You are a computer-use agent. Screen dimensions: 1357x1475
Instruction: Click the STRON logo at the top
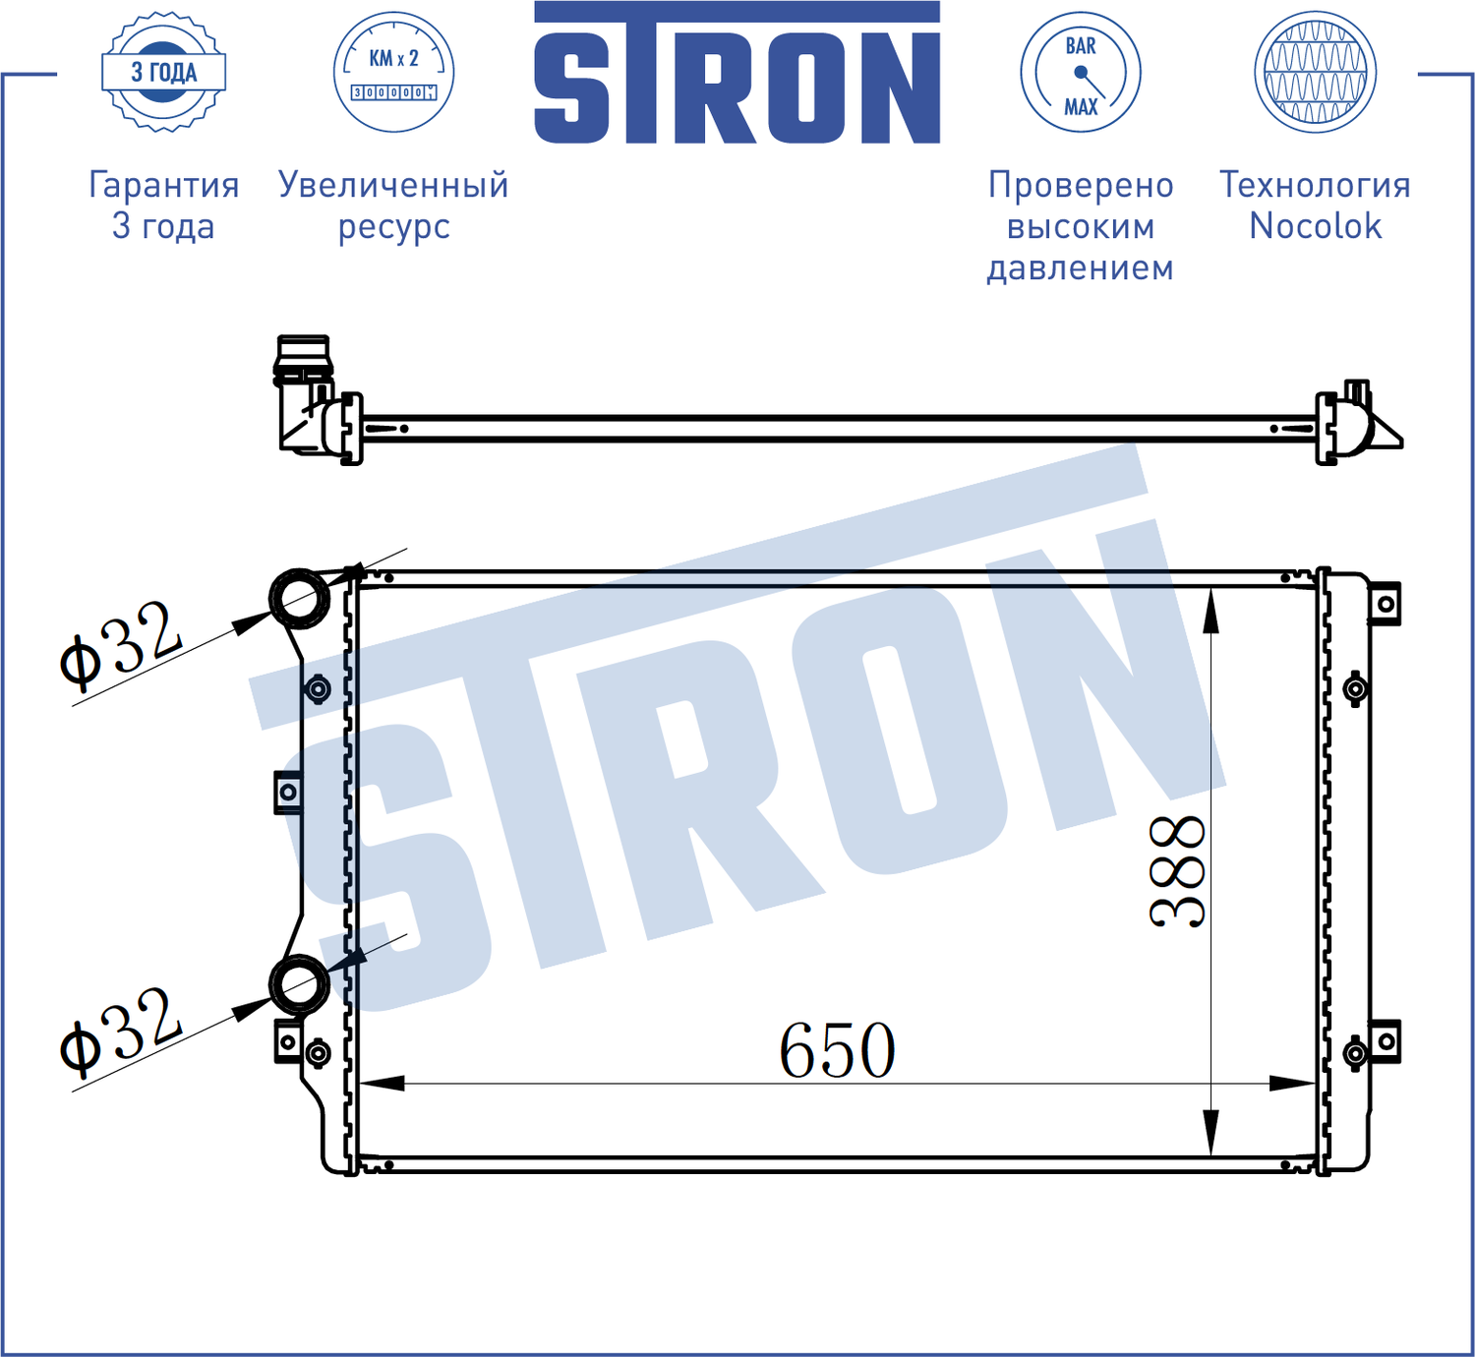(737, 74)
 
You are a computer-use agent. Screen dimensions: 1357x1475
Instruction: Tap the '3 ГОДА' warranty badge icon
(164, 72)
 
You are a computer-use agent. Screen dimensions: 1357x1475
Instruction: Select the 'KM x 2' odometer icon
(393, 72)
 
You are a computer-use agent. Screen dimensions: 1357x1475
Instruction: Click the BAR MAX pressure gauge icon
(1080, 72)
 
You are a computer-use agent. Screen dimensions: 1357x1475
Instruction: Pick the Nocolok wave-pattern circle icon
(1315, 72)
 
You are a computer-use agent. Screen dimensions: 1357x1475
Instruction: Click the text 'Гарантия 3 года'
(163, 206)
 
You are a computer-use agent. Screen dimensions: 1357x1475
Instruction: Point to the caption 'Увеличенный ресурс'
(393, 206)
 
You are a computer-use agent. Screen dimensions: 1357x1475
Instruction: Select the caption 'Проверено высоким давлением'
(1080, 226)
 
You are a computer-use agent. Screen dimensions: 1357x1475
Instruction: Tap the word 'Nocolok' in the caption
(1315, 227)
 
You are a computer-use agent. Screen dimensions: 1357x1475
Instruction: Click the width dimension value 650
(837, 1051)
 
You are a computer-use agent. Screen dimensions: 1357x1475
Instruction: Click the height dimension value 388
(1177, 871)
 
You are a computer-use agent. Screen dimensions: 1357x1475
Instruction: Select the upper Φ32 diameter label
(120, 644)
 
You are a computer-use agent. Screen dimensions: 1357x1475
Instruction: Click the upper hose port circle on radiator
(300, 598)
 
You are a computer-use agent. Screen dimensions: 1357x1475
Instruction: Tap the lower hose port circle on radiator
(299, 984)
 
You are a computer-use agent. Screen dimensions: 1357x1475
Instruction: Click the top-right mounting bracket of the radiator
(1385, 604)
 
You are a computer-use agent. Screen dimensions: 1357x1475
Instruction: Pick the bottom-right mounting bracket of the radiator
(1385, 1041)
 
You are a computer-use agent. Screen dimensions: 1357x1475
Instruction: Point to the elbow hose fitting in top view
(304, 398)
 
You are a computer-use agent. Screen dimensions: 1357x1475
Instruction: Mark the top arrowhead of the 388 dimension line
(1210, 610)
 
